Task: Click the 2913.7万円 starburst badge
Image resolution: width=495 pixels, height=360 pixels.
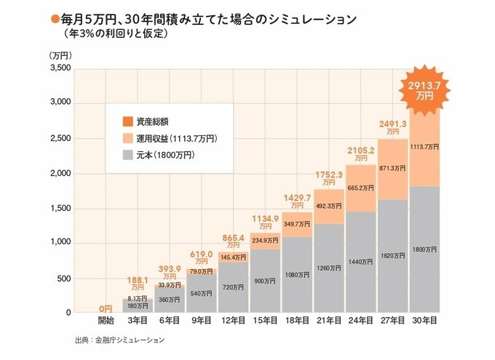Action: click(x=425, y=89)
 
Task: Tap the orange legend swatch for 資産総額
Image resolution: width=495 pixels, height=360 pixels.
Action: click(x=126, y=121)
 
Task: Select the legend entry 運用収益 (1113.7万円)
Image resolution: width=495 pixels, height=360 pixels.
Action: click(x=173, y=137)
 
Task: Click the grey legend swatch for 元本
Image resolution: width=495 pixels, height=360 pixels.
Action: click(x=126, y=154)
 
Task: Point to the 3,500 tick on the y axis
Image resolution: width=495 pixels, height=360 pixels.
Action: click(x=59, y=68)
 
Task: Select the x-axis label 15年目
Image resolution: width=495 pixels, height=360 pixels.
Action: click(x=266, y=321)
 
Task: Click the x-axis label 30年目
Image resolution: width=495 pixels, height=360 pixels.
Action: click(x=424, y=321)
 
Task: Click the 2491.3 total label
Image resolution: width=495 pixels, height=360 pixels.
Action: click(x=392, y=124)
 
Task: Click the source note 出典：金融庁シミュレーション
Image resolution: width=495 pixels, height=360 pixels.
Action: click(x=119, y=340)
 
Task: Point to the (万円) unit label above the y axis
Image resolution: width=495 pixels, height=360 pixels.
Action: click(x=60, y=55)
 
